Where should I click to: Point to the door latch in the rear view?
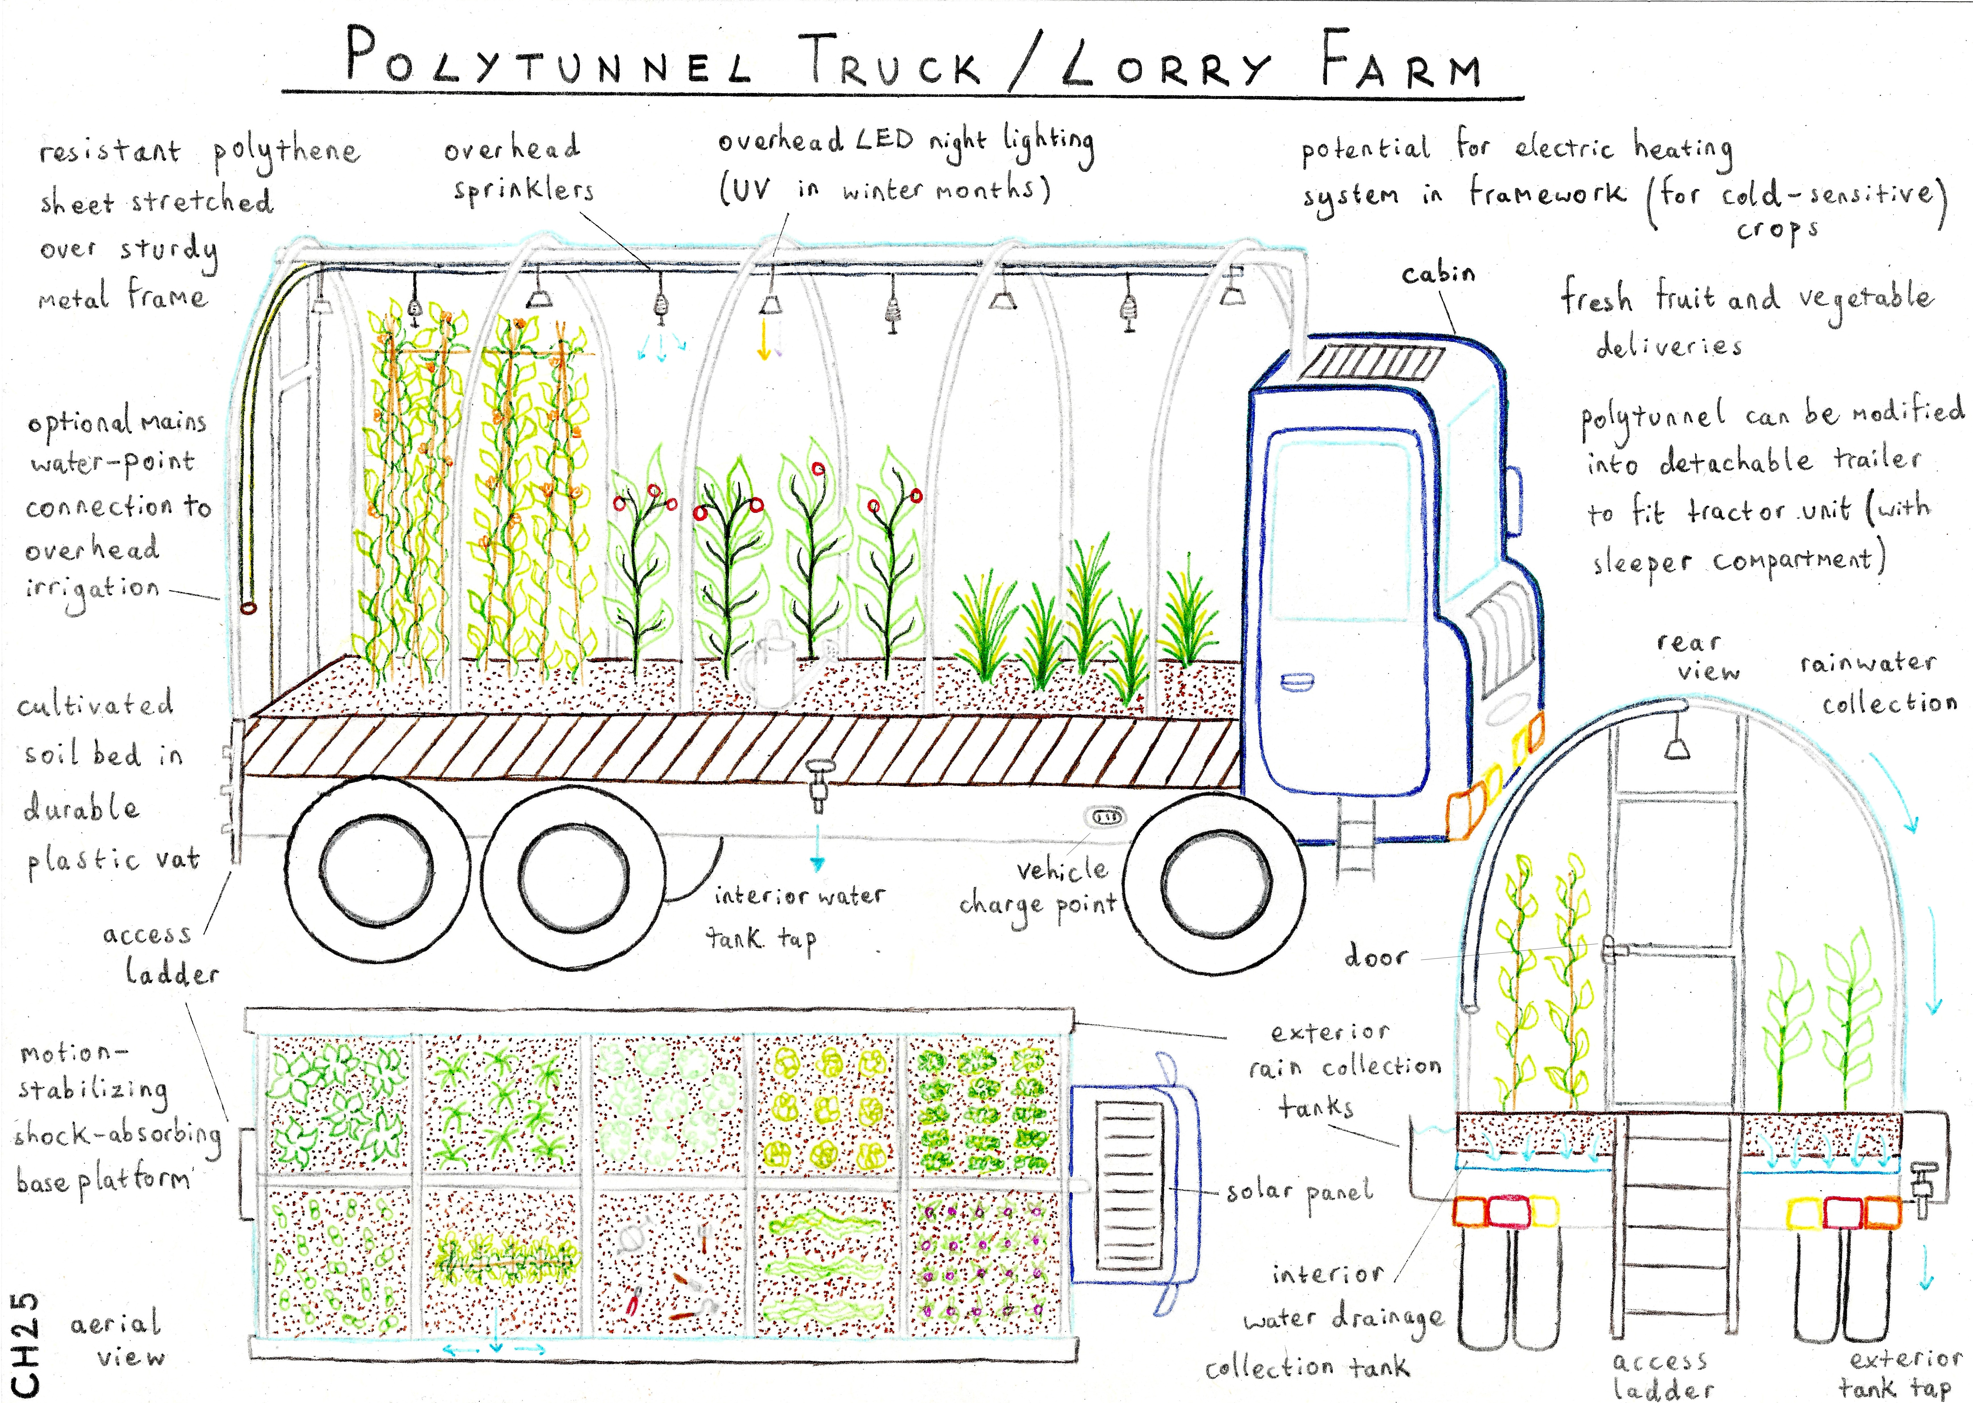(1612, 951)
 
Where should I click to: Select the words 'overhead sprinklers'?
(518, 168)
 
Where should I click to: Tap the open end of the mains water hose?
(248, 607)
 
